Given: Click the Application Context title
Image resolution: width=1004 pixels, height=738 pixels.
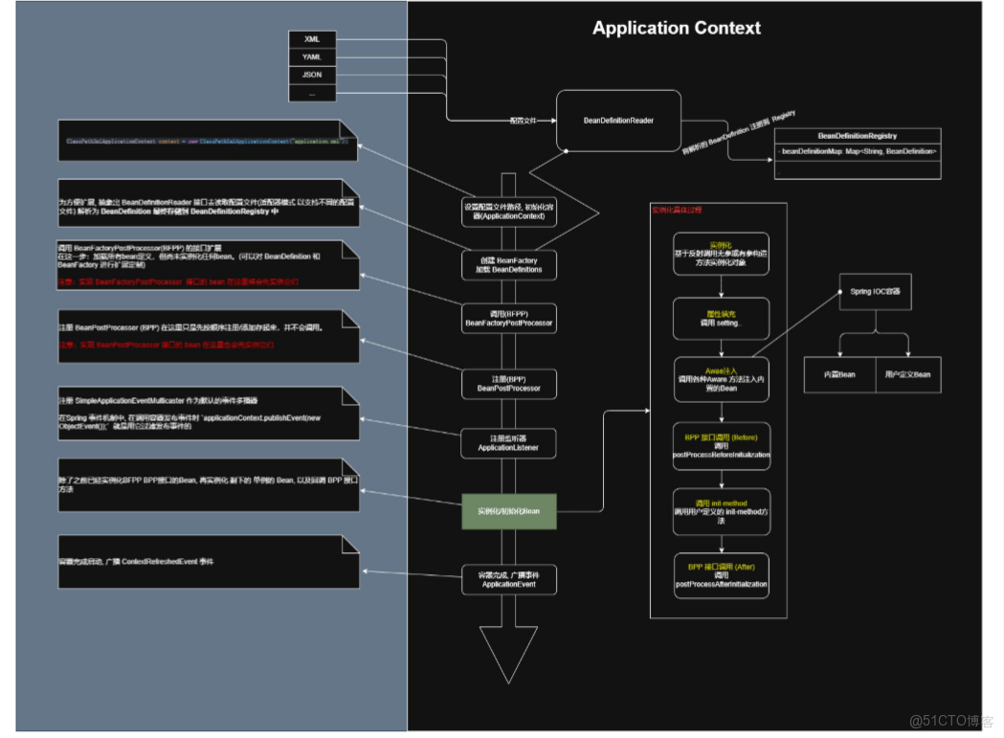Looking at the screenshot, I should (676, 28).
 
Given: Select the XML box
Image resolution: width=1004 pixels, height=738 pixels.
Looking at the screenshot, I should (312, 39).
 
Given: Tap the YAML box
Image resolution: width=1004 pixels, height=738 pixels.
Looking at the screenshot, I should (312, 57).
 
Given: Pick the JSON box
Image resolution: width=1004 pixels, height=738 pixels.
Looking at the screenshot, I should (312, 75).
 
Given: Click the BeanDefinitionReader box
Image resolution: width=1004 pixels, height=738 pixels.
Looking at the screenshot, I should (618, 121).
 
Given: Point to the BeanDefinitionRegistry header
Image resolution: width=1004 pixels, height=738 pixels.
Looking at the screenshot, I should (858, 136).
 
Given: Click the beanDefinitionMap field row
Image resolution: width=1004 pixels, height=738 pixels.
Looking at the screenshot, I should (858, 151).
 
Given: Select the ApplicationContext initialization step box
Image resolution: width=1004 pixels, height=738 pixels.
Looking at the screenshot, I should (508, 212).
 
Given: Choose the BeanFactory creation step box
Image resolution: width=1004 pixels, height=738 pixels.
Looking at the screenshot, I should (508, 265).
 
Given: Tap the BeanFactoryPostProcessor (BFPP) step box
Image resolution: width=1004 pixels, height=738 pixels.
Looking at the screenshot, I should (508, 319).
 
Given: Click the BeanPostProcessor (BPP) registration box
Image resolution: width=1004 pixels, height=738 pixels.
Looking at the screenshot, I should (508, 383).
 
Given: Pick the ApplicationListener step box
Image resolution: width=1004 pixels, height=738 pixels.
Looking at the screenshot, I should (508, 442).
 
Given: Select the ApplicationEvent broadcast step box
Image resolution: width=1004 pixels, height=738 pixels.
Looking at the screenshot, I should (508, 578).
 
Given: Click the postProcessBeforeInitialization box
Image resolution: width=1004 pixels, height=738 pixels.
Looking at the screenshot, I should (721, 445).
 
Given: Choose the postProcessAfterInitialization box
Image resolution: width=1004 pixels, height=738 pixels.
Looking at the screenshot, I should (721, 575).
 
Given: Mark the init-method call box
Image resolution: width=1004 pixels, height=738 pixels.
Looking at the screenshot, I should (721, 511).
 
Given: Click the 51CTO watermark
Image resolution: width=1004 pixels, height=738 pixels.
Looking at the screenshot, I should (950, 720).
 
